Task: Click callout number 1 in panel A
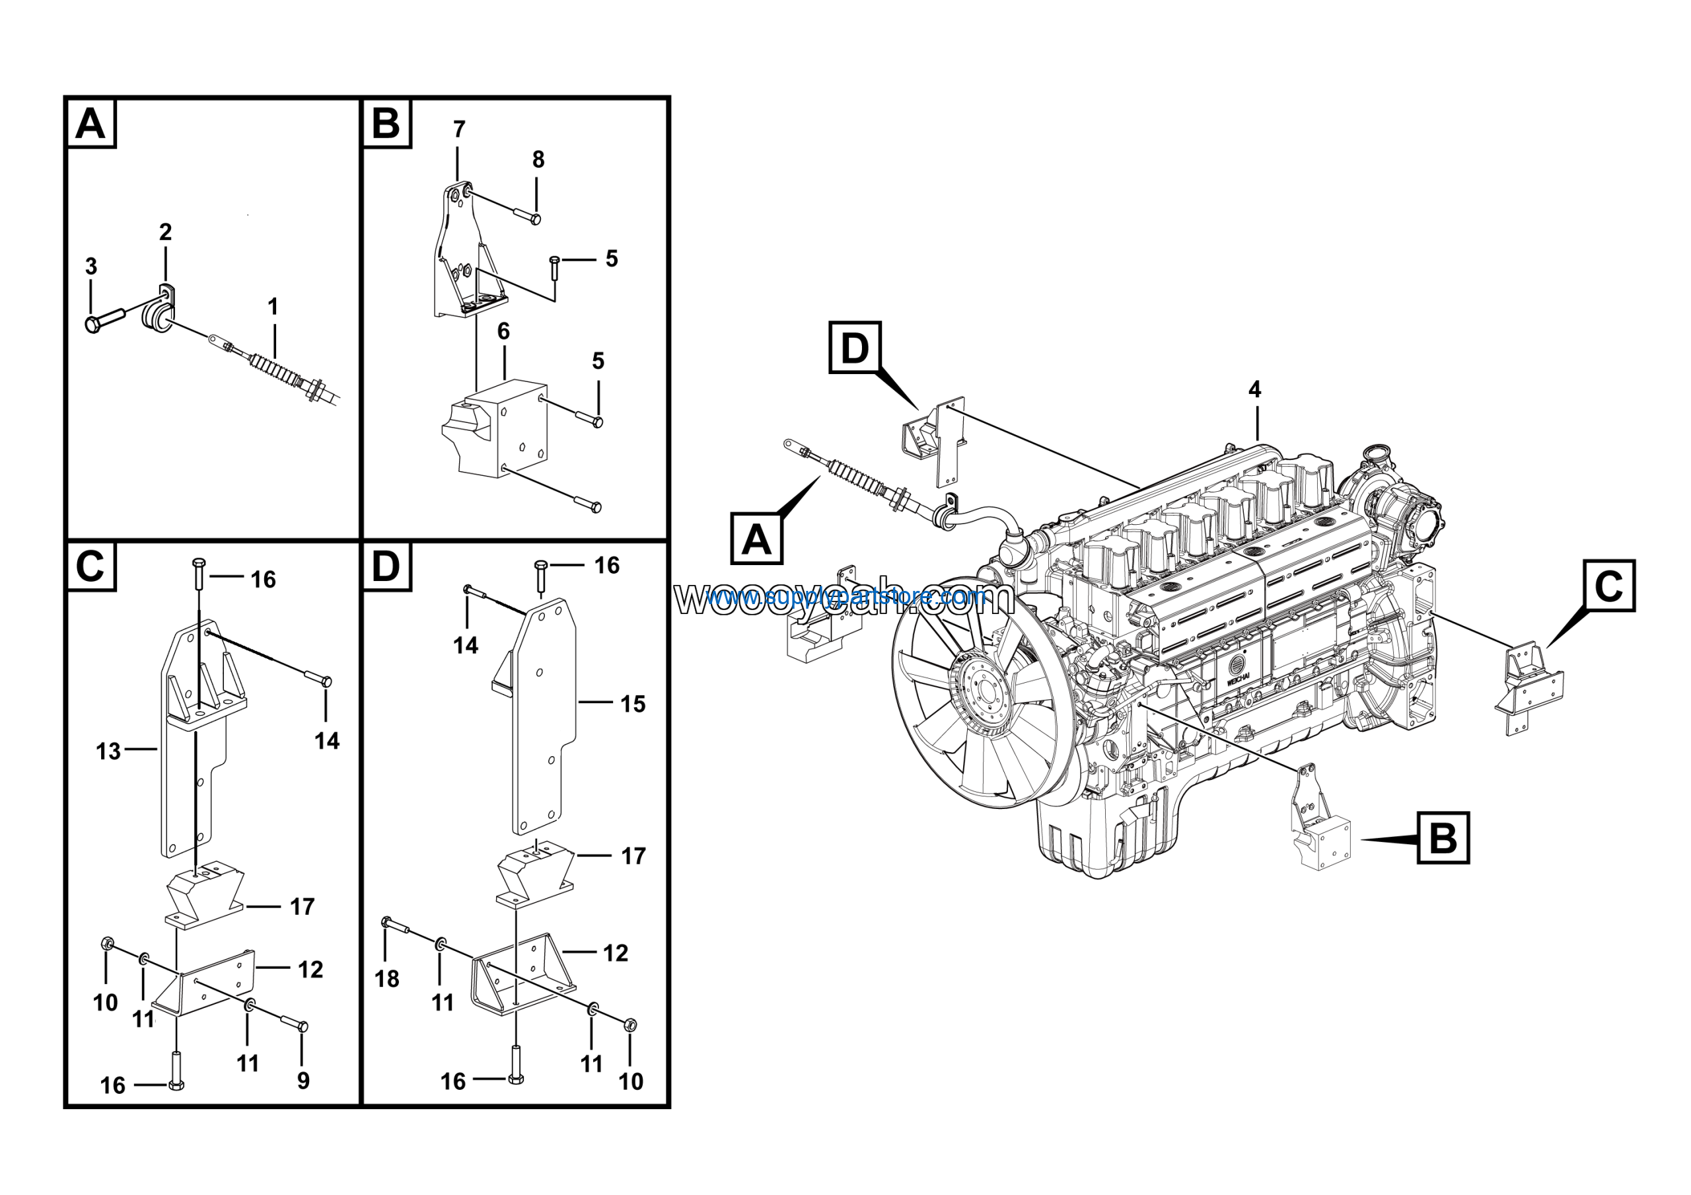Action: click(x=273, y=307)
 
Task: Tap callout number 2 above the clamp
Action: click(x=166, y=232)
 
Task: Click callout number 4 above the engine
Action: click(x=1255, y=390)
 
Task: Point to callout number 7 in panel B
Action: click(x=459, y=130)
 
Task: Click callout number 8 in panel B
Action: click(x=538, y=159)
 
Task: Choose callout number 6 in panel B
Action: click(x=504, y=332)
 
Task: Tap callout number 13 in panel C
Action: click(x=108, y=752)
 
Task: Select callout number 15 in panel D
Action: click(x=633, y=704)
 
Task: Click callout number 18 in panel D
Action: click(x=387, y=978)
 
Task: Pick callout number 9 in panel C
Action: click(x=303, y=1081)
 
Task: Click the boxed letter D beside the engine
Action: click(x=854, y=347)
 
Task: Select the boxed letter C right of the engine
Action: click(x=1609, y=586)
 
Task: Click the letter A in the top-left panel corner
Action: click(x=91, y=124)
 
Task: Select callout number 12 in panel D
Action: click(x=616, y=953)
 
